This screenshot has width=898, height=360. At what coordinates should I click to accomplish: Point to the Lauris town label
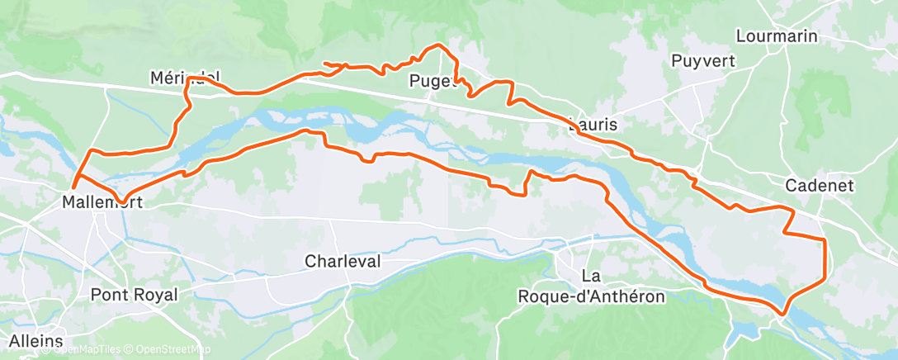pos(593,126)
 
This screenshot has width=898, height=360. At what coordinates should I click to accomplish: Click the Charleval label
pos(343,261)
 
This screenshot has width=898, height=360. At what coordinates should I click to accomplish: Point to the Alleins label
pos(36,340)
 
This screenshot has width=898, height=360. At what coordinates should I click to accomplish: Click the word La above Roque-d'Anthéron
pos(590,276)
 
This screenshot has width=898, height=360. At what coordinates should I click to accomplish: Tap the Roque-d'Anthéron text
pos(590,296)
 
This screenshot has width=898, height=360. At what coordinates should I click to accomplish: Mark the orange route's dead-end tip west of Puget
pos(324,63)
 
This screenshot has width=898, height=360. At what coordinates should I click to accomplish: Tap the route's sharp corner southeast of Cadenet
pos(824,239)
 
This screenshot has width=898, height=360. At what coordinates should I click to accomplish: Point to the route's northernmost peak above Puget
pos(437,45)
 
